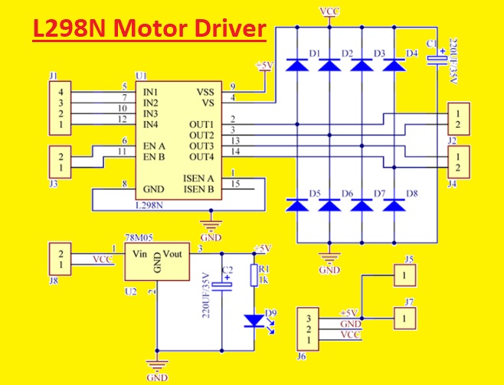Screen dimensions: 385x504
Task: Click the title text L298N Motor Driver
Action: pyautogui.click(x=149, y=31)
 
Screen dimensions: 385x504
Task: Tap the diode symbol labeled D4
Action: pyautogui.click(x=394, y=66)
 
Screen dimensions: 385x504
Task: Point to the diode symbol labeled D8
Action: pyautogui.click(x=394, y=204)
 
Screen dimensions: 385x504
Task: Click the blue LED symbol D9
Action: pyautogui.click(x=254, y=319)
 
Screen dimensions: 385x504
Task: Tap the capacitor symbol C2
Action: pyautogui.click(x=221, y=288)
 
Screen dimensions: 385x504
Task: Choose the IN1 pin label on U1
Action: pyautogui.click(x=151, y=91)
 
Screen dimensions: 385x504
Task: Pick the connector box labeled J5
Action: pyautogui.click(x=403, y=275)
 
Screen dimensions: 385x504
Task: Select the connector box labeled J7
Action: pyautogui.click(x=403, y=315)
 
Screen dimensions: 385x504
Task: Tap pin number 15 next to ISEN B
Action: pyautogui.click(x=237, y=184)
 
